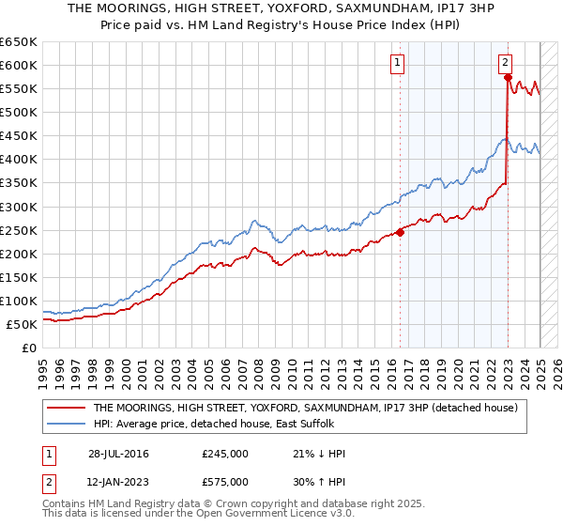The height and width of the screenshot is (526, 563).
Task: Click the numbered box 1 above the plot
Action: [398, 63]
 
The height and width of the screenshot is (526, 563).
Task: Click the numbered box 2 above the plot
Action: [505, 63]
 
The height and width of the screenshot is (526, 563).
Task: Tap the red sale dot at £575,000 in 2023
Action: [508, 78]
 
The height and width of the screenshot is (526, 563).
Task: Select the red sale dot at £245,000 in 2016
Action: [400, 232]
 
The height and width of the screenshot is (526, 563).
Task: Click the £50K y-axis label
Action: [22, 324]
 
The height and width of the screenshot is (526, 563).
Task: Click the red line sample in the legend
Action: [67, 408]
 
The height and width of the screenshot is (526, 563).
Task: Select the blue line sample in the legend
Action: [67, 424]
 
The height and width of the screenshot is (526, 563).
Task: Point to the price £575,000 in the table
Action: [225, 482]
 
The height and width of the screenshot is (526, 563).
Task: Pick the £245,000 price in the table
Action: [225, 454]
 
